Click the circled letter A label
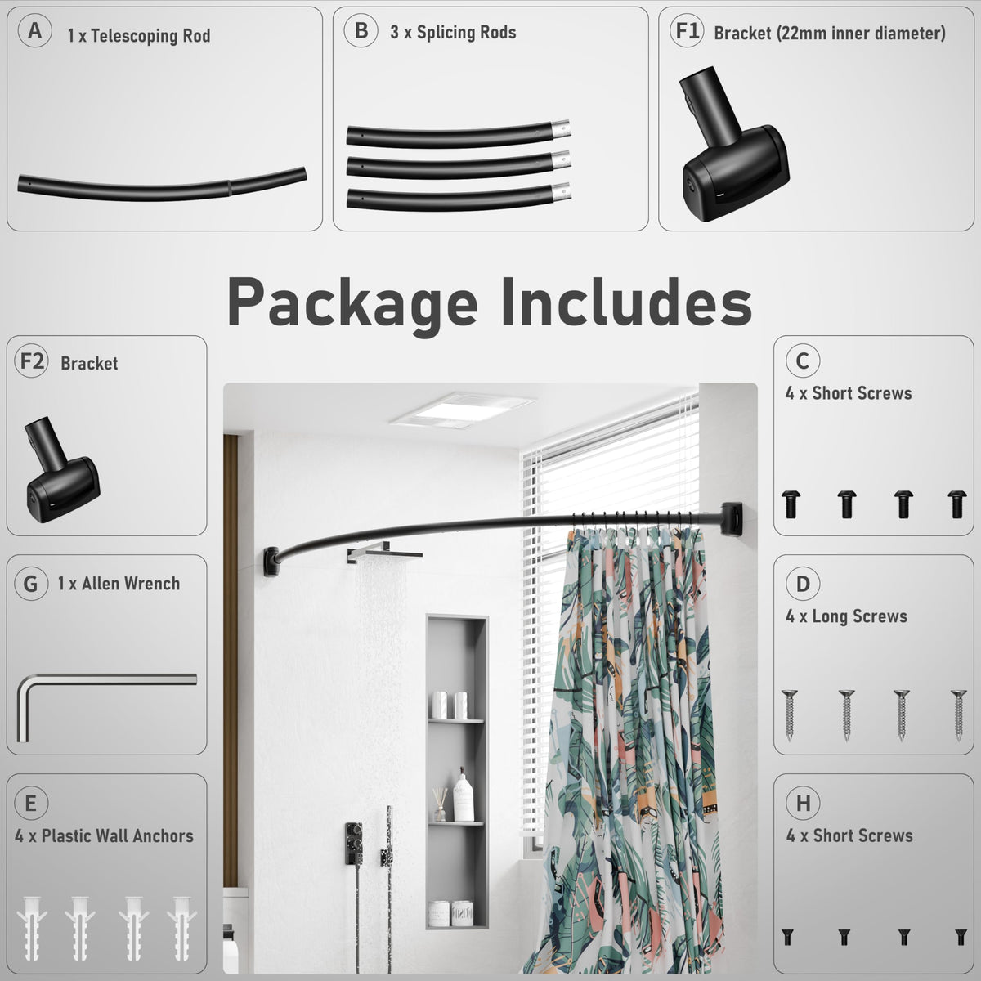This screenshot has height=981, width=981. click(34, 30)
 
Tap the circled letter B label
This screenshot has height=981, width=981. click(361, 30)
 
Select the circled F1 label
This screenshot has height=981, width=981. click(687, 30)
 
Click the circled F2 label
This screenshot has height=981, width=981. click(32, 361)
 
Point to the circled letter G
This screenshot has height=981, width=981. click(31, 584)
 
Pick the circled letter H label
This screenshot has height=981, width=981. click(803, 804)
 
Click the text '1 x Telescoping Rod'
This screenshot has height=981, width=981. click(139, 36)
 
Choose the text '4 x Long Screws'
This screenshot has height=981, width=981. click(846, 616)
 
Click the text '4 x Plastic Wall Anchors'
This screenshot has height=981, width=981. click(105, 836)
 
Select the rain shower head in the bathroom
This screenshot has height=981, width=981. click(384, 553)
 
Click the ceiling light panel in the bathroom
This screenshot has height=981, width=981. click(462, 410)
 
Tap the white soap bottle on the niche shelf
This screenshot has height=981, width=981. click(464, 794)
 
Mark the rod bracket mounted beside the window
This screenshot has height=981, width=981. click(732, 519)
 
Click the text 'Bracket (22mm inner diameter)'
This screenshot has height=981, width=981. click(829, 34)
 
